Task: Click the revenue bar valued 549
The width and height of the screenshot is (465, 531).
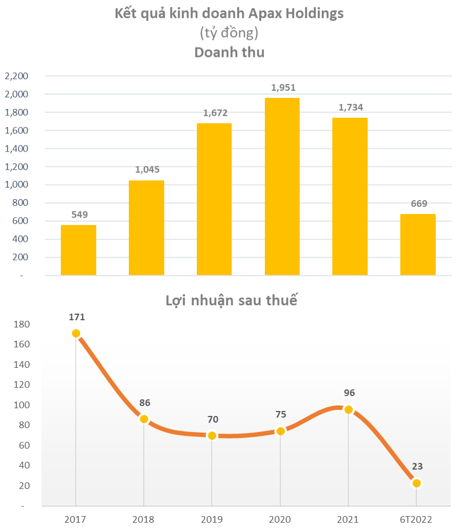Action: point(79,250)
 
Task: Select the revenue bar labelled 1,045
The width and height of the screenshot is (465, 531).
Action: point(147,228)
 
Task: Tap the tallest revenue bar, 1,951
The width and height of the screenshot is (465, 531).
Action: point(282,186)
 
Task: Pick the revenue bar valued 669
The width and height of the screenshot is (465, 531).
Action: point(418,244)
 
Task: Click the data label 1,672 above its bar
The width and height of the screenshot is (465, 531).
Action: point(215,113)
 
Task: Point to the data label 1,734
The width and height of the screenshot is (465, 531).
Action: point(350,107)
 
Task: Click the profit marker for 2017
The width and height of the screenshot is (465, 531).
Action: point(76,334)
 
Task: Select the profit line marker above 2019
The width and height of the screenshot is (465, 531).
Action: point(212,435)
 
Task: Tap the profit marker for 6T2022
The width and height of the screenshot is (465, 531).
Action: point(416,483)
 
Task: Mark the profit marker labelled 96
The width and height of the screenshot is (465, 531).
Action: point(348,410)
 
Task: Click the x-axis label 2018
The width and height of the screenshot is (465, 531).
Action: point(144,519)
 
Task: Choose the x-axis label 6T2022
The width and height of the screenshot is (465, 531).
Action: point(416,519)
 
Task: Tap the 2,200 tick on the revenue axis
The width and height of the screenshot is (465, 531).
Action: point(16,76)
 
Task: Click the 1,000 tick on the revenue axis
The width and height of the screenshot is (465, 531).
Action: point(16,185)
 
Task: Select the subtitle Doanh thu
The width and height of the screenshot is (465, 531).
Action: point(229,53)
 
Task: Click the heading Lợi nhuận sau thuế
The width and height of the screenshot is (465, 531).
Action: point(232,301)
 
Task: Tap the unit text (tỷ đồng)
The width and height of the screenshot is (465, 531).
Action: point(229,33)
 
